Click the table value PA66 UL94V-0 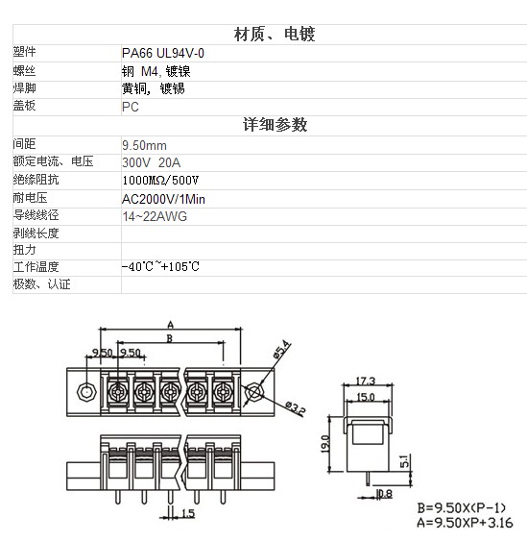[163, 53]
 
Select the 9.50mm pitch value [144, 145]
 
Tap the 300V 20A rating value [152, 162]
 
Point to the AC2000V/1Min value [163, 199]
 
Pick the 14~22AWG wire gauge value [155, 216]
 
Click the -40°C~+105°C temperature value [160, 266]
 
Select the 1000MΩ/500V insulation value [160, 180]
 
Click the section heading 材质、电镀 [275, 35]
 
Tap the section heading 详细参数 [275, 125]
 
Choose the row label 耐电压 [30, 198]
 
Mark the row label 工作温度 [36, 266]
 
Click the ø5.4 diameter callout [281, 350]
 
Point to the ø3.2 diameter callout [295, 408]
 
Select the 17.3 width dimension [365, 381]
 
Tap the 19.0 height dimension [325, 444]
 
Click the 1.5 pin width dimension [188, 513]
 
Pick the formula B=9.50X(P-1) [461, 508]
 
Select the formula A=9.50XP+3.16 [465, 523]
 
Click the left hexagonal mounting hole [86, 392]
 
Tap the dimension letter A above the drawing [170, 325]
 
